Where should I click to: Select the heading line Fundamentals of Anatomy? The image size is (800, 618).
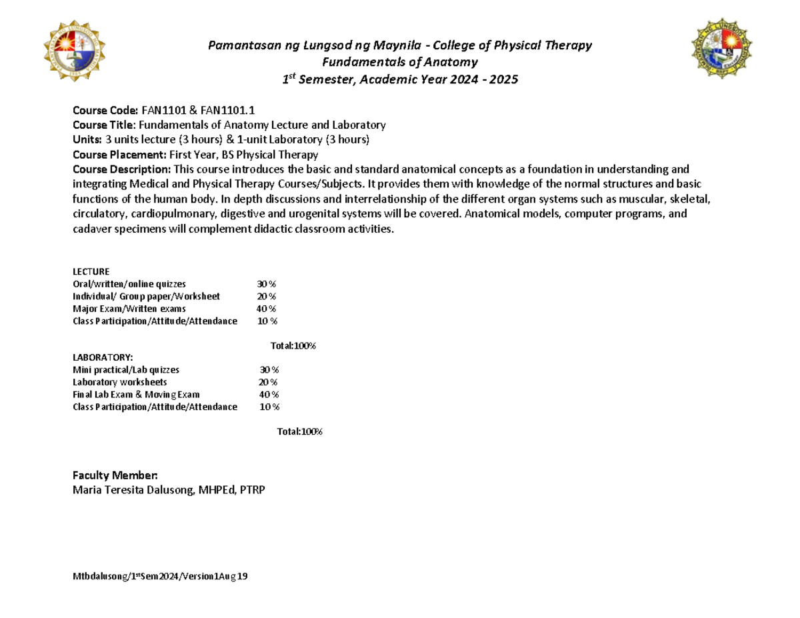(x=400, y=63)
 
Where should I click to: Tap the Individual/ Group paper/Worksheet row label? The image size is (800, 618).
(x=146, y=296)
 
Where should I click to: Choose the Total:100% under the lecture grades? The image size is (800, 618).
(x=293, y=346)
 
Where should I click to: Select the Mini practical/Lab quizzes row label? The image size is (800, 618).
(x=126, y=369)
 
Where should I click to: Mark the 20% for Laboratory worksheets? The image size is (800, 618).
(x=269, y=382)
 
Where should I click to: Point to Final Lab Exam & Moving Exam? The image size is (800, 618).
(x=136, y=395)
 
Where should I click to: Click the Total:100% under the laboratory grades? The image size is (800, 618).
(x=300, y=431)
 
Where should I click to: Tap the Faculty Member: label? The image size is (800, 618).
(x=115, y=475)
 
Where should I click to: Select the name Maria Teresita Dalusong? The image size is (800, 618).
(x=141, y=490)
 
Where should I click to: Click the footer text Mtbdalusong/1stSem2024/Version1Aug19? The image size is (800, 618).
(x=160, y=577)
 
